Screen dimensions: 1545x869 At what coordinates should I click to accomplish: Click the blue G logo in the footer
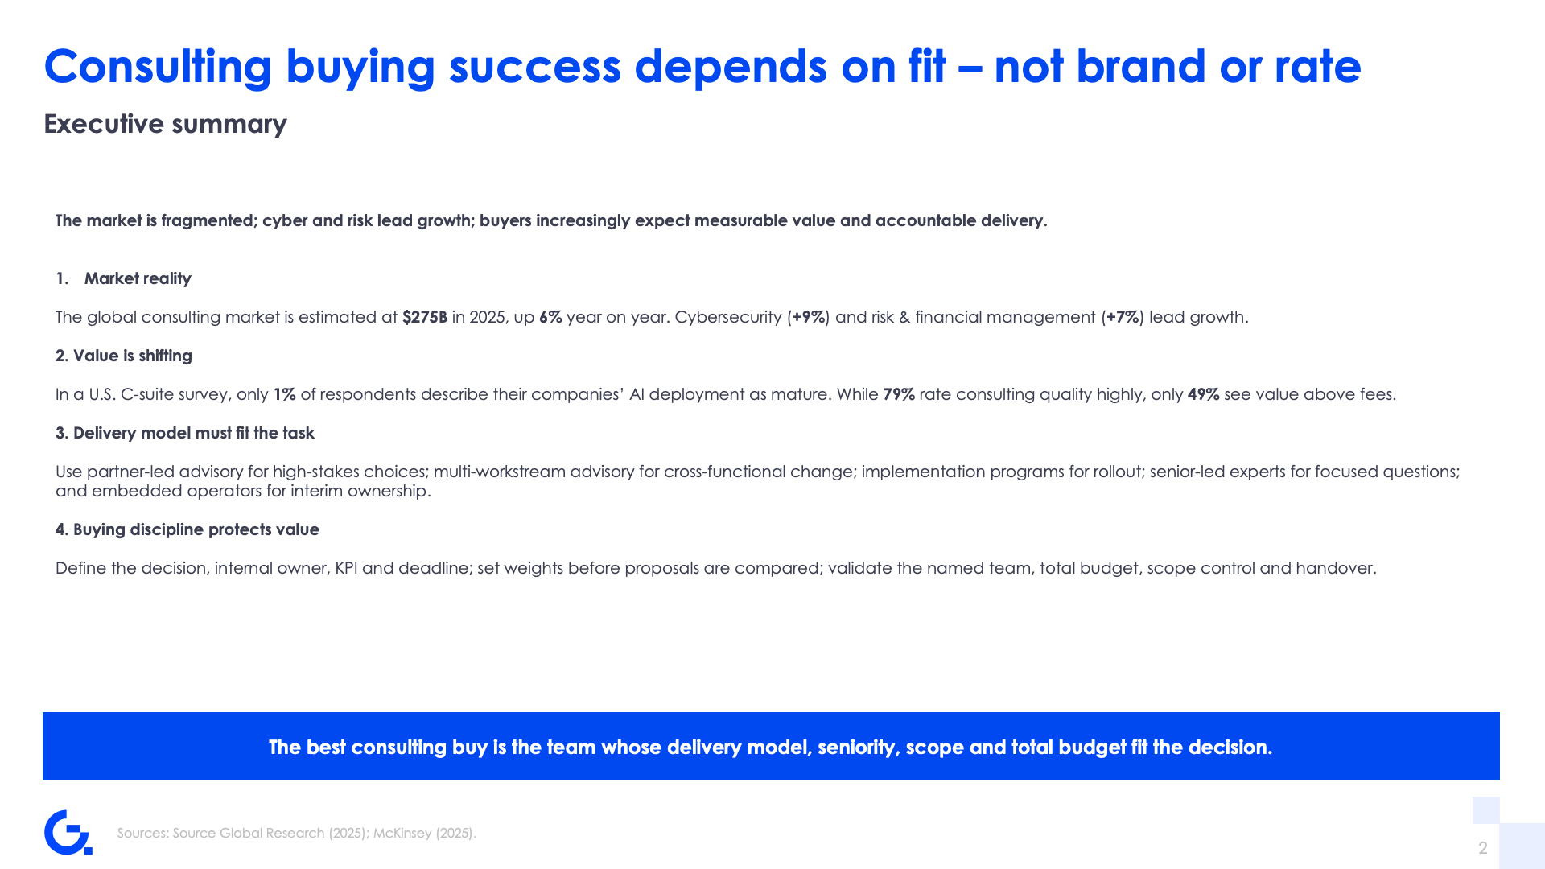68,832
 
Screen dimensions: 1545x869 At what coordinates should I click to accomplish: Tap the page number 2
1483,847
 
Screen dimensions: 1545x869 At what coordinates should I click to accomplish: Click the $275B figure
425,317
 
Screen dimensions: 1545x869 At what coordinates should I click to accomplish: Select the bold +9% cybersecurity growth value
809,317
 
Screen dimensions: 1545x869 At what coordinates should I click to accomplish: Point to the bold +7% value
1123,317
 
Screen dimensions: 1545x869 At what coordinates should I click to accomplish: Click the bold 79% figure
899,394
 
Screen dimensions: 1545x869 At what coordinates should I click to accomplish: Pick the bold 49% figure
1204,394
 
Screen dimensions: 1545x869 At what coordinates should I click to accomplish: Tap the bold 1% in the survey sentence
285,394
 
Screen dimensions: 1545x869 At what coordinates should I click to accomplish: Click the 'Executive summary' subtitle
165,124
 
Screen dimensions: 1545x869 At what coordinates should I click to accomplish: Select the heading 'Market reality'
138,278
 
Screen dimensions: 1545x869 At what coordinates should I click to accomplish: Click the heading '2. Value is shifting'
124,356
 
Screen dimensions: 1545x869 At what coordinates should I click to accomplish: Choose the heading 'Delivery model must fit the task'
194,433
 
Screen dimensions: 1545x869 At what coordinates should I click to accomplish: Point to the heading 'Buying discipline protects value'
196,529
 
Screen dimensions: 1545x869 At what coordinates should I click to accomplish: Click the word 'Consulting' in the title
158,66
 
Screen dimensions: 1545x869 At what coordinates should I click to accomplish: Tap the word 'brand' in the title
1141,66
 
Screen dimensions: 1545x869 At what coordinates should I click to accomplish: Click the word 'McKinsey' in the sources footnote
402,833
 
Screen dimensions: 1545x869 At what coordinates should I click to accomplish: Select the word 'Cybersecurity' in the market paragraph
728,317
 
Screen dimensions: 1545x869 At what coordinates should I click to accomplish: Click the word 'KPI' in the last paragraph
346,568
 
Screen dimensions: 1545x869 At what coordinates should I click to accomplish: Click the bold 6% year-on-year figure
550,317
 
